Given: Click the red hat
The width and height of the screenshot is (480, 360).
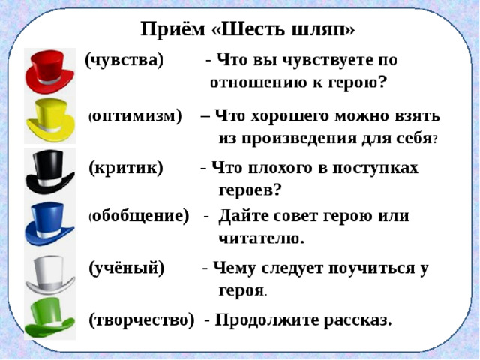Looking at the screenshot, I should pyautogui.click(x=51, y=71).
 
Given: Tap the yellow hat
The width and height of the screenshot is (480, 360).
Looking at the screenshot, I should pyautogui.click(x=51, y=120).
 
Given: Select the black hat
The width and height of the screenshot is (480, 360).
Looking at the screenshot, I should pyautogui.click(x=51, y=170).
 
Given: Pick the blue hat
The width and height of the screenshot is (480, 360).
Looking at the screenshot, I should pyautogui.click(x=51, y=220).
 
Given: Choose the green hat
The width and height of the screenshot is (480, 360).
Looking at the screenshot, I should pyautogui.click(x=51, y=318).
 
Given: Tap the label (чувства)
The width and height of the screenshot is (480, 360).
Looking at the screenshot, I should pyautogui.click(x=124, y=60).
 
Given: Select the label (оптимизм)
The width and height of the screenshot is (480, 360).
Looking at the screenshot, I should pyautogui.click(x=136, y=116).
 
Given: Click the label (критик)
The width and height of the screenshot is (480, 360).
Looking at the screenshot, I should pyautogui.click(x=125, y=167).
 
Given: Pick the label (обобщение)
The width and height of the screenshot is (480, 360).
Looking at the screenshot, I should pyautogui.click(x=139, y=217).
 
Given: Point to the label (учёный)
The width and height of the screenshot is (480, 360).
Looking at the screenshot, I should pyautogui.click(x=126, y=267).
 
